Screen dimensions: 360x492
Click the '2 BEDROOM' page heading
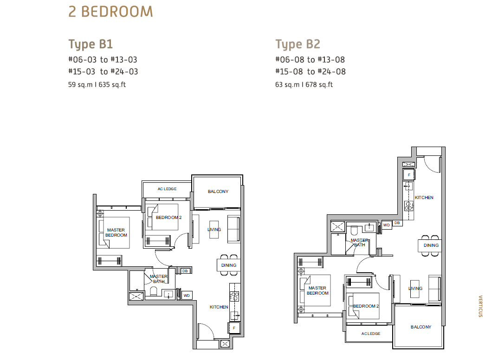(x=110, y=12)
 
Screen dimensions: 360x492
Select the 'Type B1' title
(x=91, y=44)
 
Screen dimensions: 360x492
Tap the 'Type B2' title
(x=298, y=44)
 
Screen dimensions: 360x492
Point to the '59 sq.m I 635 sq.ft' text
(x=97, y=84)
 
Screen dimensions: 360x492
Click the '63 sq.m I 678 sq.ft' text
(x=304, y=84)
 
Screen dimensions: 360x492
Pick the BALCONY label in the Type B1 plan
(x=218, y=192)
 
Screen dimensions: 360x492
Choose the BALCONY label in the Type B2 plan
(x=421, y=327)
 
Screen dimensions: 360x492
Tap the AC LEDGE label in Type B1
(x=167, y=189)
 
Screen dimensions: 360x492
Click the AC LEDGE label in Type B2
(x=370, y=334)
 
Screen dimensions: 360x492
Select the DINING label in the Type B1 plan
(x=228, y=265)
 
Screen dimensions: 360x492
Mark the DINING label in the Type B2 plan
(x=431, y=245)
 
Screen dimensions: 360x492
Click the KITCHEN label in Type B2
(x=424, y=198)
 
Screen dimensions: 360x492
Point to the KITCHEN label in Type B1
(x=219, y=307)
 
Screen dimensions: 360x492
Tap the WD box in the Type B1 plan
(x=187, y=296)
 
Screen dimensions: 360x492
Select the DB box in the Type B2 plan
(x=397, y=223)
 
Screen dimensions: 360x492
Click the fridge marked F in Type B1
(x=234, y=328)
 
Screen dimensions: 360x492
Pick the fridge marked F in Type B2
(x=409, y=174)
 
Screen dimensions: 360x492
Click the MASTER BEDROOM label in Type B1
(x=116, y=232)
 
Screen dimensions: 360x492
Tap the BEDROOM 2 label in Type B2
(x=366, y=306)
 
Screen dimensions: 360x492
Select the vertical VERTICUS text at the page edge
(x=480, y=306)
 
